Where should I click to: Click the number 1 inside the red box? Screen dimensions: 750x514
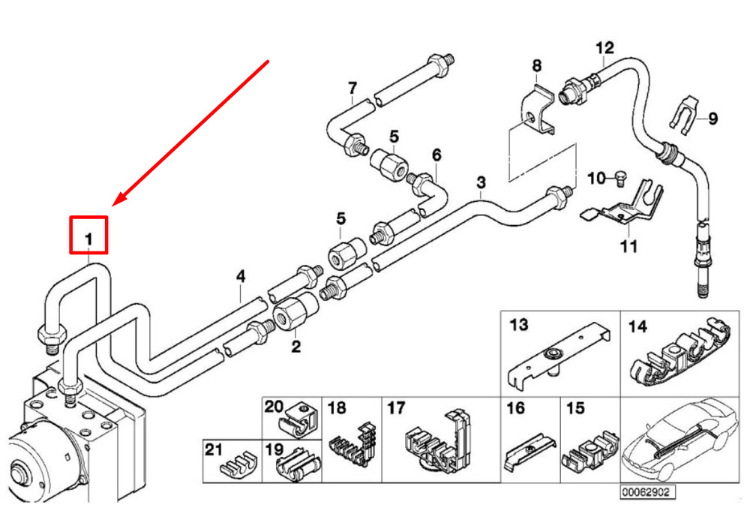[88, 239]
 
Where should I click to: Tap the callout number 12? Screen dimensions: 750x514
[604, 48]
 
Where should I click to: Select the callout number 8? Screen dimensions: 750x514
[537, 65]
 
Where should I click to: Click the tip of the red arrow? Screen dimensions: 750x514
[112, 206]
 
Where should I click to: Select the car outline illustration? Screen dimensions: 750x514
[679, 439]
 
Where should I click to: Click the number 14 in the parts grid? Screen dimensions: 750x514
[637, 326]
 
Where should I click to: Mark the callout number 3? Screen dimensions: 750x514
[481, 182]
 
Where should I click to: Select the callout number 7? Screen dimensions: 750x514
[352, 88]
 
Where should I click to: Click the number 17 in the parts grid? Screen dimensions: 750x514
[396, 407]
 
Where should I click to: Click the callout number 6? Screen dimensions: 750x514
[436, 155]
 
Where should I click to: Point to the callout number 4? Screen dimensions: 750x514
[241, 277]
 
